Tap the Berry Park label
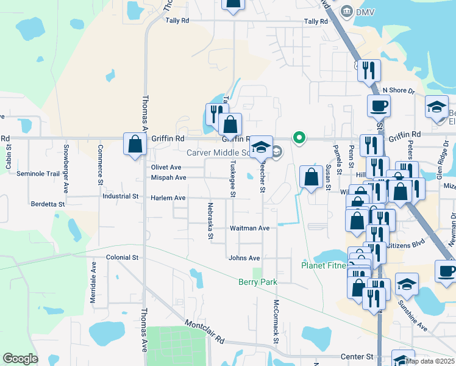[257, 282]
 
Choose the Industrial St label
[120, 196]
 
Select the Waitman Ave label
[249, 228]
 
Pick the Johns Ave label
[244, 258]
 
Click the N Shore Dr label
[398, 90]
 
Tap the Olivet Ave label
[166, 167]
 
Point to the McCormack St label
[276, 320]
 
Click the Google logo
[20, 359]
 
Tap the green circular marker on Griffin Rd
[299, 138]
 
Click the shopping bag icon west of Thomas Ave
[135, 145]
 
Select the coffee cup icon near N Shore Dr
[378, 106]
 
